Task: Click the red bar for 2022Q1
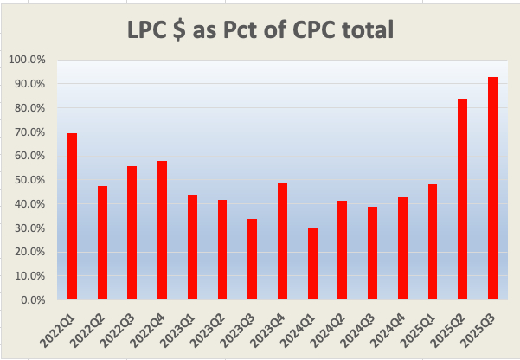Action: click(72, 216)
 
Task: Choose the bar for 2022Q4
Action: click(162, 230)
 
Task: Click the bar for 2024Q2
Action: click(343, 250)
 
